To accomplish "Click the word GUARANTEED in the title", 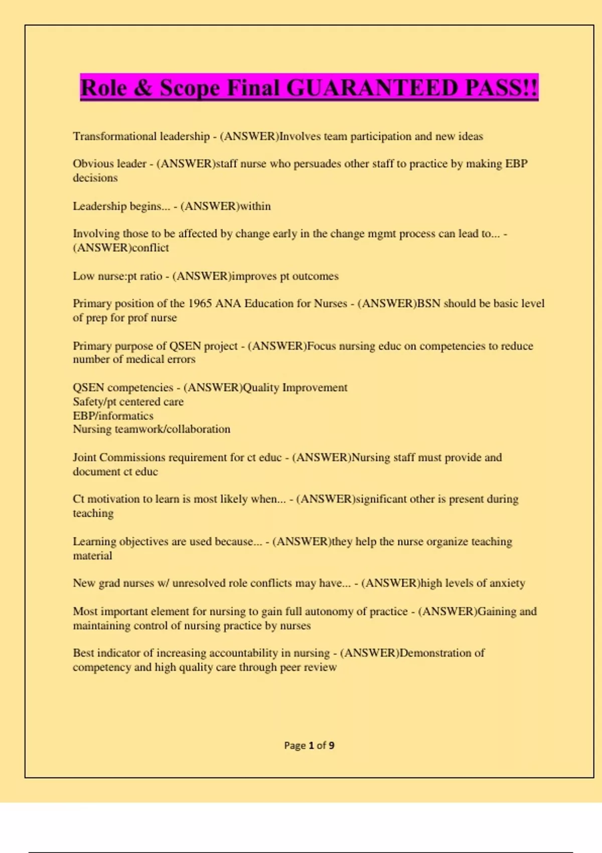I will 373,88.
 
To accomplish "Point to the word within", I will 255,206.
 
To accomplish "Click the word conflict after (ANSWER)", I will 150,248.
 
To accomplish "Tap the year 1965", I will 200,304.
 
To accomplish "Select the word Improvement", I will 315,387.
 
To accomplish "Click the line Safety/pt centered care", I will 128,401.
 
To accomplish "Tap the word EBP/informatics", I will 113,415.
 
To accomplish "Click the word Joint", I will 84,458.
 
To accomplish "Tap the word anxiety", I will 507,583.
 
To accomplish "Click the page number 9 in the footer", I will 331,746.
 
